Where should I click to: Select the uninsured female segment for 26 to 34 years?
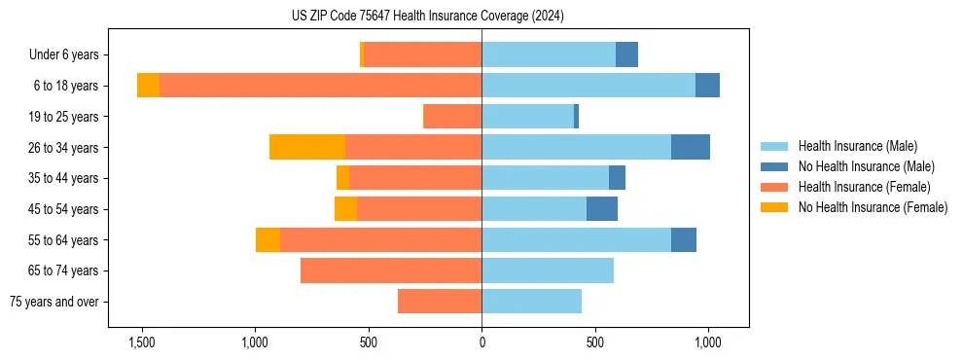[307, 147]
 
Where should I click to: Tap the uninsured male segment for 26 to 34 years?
[690, 147]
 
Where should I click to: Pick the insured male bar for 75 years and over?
[531, 302]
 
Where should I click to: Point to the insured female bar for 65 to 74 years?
[391, 270]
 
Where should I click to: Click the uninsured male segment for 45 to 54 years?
[601, 209]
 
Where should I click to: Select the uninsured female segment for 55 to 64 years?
[267, 239]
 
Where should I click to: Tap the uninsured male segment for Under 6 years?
[626, 54]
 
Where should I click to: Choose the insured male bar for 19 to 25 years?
[527, 117]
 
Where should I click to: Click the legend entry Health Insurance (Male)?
[857, 146]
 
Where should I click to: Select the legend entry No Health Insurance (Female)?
[873, 207]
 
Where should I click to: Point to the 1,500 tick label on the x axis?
[142, 343]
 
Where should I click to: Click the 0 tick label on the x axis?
[481, 343]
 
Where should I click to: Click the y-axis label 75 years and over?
[54, 302]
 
